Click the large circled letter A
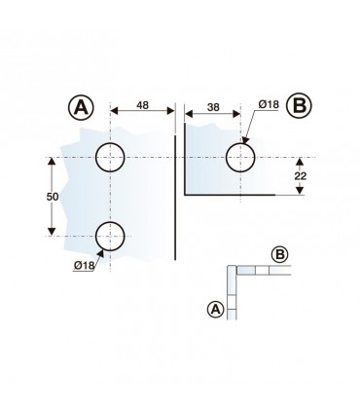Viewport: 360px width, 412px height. click(81, 106)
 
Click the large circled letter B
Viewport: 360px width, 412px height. click(299, 105)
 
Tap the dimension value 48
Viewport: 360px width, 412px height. click(142, 105)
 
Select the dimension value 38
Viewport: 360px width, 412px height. click(213, 107)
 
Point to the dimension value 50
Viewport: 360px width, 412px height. click(53, 197)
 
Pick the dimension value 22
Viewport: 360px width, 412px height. click(301, 176)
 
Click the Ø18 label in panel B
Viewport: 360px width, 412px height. click(269, 104)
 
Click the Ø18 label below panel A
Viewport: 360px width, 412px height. click(84, 265)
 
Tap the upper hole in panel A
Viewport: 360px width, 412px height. click(110, 158)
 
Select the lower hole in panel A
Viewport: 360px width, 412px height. click(110, 237)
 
